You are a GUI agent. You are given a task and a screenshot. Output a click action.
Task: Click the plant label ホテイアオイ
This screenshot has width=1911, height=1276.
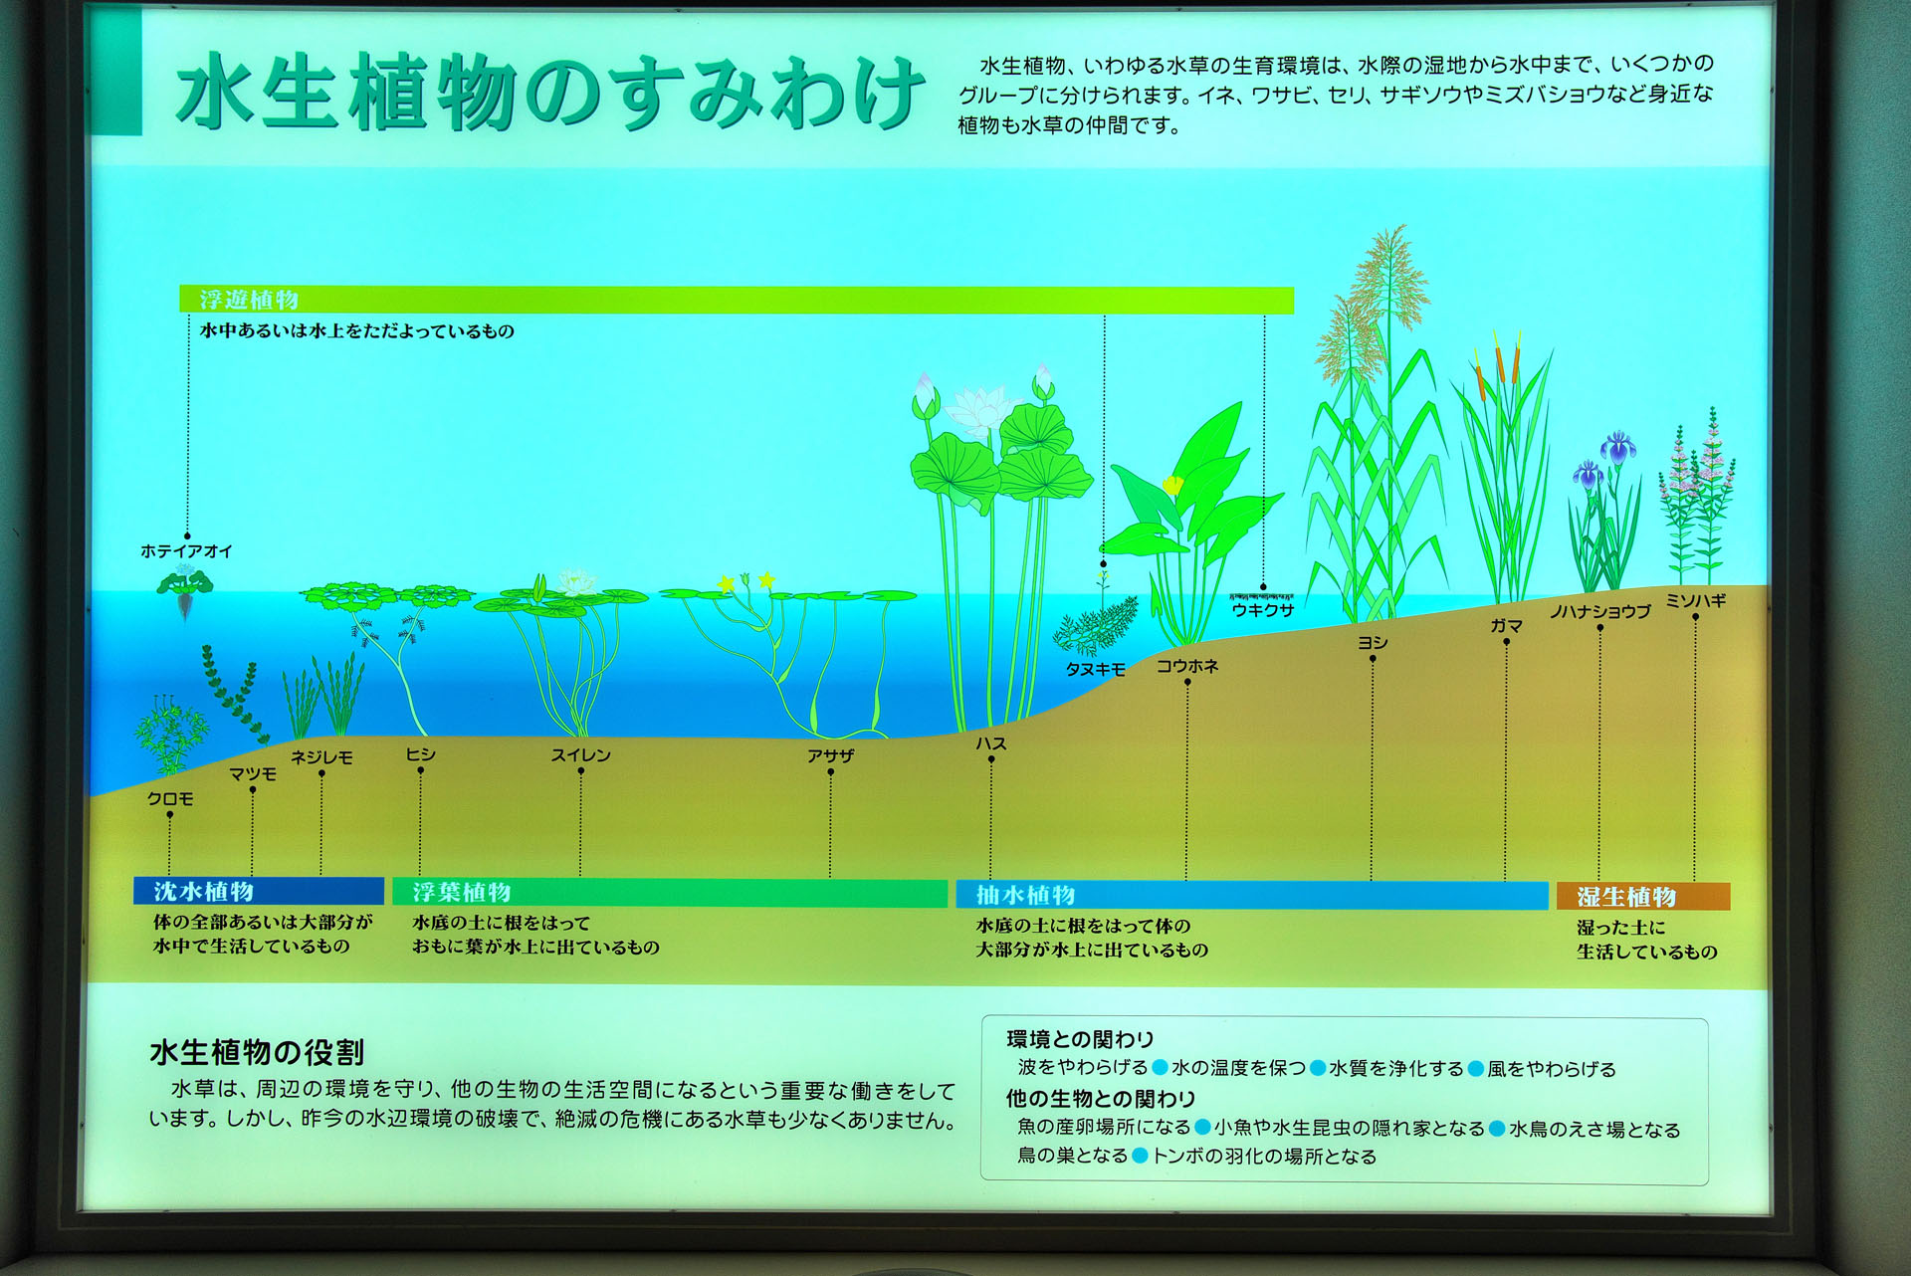(x=186, y=550)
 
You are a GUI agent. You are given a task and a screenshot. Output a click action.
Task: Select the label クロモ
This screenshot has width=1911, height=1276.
(x=170, y=798)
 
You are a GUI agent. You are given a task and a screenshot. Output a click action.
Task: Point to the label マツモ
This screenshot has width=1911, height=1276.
(x=253, y=773)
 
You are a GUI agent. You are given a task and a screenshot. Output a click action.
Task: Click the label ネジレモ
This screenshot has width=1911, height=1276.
(x=321, y=757)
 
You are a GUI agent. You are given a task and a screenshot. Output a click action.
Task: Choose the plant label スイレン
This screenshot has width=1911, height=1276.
(x=581, y=755)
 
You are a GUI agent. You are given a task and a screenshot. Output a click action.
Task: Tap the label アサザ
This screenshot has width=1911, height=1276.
(x=831, y=755)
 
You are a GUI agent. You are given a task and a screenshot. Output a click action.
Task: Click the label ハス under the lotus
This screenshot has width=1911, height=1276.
(x=991, y=744)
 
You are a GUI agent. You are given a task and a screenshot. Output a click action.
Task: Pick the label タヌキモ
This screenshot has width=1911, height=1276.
(x=1096, y=670)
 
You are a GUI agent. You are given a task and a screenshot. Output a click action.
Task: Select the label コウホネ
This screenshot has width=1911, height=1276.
(x=1187, y=666)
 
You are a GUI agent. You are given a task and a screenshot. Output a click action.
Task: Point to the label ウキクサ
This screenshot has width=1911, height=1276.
(x=1263, y=610)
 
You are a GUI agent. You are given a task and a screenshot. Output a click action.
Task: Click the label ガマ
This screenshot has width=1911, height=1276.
(x=1507, y=625)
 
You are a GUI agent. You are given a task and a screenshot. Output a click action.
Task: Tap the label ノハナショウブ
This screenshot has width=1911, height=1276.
(x=1600, y=611)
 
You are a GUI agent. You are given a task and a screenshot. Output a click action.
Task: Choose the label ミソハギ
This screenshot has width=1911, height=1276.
(x=1696, y=600)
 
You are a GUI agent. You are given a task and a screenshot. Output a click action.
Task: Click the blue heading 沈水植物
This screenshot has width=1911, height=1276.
(x=204, y=891)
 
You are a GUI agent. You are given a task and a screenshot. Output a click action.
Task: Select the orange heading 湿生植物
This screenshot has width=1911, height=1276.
(x=1626, y=897)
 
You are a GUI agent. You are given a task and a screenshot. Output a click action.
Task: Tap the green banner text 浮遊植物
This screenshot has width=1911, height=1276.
(x=249, y=300)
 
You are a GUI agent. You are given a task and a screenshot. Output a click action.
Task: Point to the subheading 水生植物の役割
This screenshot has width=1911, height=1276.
(x=257, y=1052)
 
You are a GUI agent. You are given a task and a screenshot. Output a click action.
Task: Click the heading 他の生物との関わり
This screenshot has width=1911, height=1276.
(x=1101, y=1098)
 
